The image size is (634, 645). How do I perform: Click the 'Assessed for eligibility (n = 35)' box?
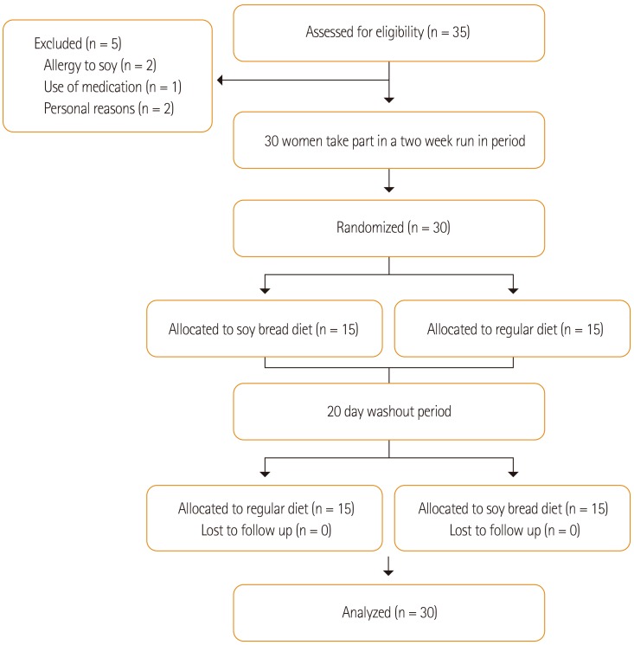point(388,33)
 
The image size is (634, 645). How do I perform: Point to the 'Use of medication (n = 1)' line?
point(112,87)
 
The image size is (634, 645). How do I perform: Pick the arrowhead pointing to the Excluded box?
point(221,81)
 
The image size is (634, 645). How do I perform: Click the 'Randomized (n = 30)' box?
point(388,229)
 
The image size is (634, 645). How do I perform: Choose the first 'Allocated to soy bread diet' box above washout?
point(264,328)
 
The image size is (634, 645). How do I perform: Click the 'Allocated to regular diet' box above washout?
point(512,328)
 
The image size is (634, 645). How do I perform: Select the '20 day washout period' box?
point(388,411)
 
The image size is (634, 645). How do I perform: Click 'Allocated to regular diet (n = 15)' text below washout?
point(266,508)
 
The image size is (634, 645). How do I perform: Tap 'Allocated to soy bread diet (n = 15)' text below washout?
point(512,508)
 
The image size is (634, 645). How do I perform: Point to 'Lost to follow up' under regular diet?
point(266,529)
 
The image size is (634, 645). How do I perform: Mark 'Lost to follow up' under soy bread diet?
point(512,529)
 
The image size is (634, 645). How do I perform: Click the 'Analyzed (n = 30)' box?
point(388,613)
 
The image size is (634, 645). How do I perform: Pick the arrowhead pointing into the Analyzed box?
point(389,572)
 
